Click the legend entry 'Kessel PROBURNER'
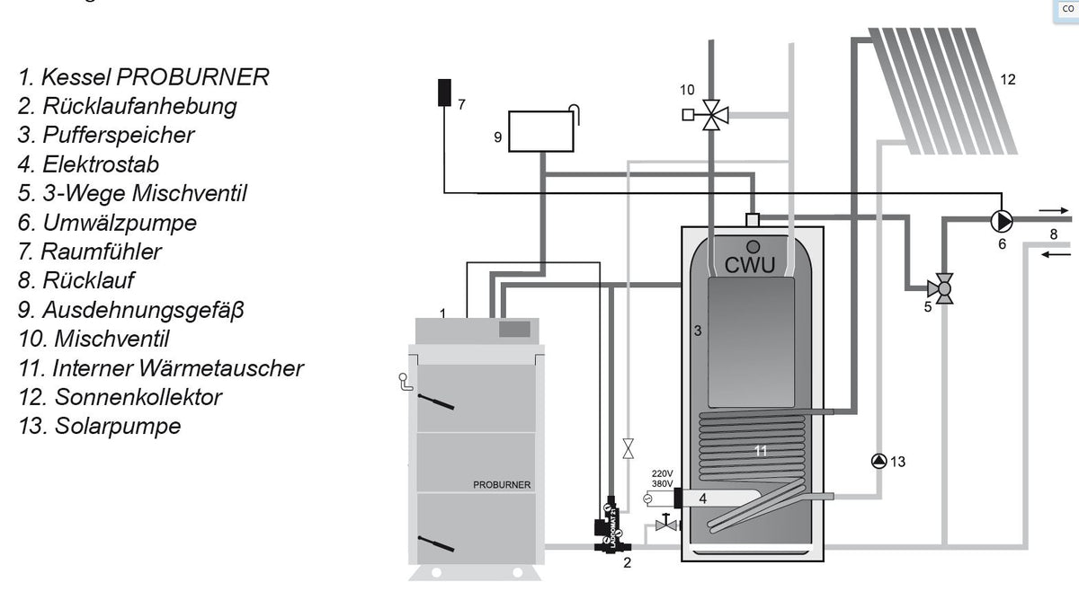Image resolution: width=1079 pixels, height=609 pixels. (144, 76)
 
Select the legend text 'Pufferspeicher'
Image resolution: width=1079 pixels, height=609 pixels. (106, 135)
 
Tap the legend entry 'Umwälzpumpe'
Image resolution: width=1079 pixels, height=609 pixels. (107, 222)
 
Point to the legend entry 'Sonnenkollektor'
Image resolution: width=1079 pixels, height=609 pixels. (120, 396)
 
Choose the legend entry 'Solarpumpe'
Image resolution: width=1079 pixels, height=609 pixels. (99, 426)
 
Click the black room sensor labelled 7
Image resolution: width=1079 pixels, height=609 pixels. (444, 93)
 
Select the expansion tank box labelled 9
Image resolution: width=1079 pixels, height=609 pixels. (540, 131)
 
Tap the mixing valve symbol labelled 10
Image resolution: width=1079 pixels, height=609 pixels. (714, 114)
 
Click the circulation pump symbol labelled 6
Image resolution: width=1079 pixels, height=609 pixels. (1000, 220)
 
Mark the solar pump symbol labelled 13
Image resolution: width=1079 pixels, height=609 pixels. (878, 461)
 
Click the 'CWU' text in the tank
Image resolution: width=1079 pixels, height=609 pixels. (751, 265)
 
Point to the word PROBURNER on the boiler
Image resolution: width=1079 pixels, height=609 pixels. (502, 485)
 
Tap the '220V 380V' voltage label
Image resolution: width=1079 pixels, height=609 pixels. (661, 478)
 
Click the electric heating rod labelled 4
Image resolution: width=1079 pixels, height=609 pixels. (719, 498)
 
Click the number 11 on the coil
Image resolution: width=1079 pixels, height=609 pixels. (761, 451)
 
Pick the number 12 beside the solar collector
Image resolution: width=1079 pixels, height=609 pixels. (1008, 80)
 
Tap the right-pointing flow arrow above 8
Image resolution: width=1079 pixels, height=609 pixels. (1049, 212)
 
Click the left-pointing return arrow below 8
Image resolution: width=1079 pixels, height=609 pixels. (1050, 253)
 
